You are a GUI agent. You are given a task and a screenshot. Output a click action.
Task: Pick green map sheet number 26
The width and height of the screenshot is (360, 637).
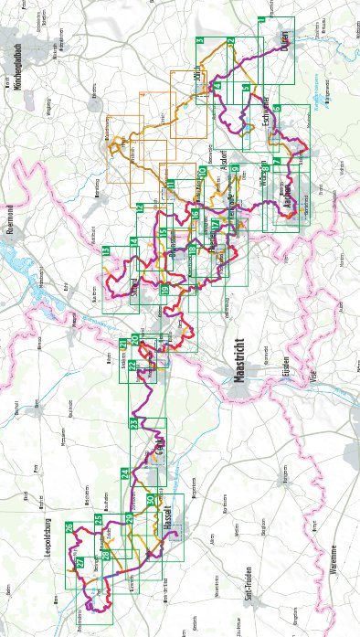tap(70, 528)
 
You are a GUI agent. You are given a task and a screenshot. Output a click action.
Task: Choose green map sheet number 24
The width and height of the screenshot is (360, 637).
tap(125, 472)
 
